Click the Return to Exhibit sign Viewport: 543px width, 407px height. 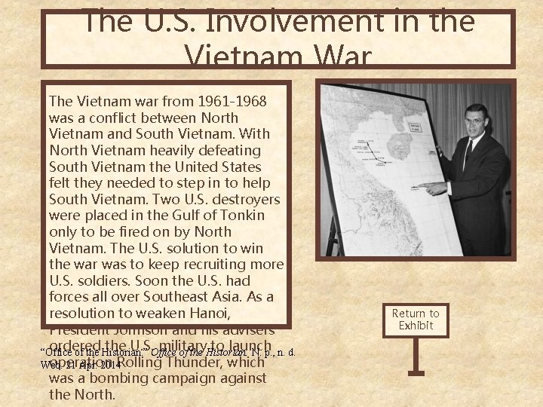tap(415, 319)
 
